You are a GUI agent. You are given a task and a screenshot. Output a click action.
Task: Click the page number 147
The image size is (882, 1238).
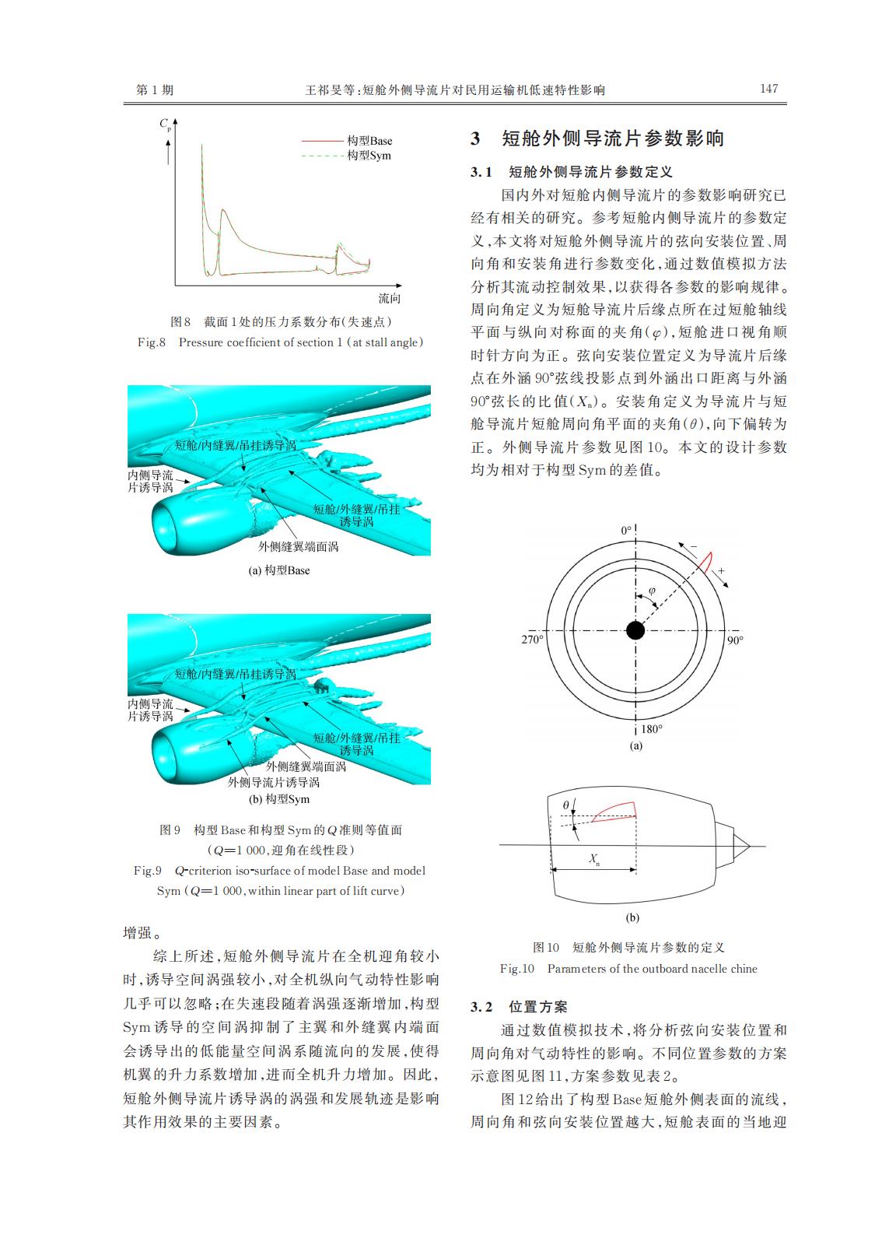pyautogui.click(x=768, y=89)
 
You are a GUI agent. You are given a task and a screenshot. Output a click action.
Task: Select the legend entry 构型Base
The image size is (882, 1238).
pyautogui.click(x=369, y=141)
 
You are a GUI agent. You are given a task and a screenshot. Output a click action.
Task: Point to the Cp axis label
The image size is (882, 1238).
pyautogui.click(x=165, y=124)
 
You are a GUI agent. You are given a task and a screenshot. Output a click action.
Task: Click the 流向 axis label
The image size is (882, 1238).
pyautogui.click(x=390, y=299)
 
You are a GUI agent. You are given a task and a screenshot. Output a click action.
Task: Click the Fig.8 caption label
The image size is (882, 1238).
pyautogui.click(x=152, y=342)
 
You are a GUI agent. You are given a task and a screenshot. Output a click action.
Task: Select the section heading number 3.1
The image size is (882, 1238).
pyautogui.click(x=482, y=171)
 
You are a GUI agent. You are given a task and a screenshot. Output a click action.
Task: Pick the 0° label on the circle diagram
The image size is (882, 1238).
pyautogui.click(x=628, y=530)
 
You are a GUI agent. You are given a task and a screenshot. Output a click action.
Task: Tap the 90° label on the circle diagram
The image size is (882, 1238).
pyautogui.click(x=735, y=640)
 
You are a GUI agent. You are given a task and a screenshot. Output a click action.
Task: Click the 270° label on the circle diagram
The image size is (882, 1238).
pyautogui.click(x=532, y=640)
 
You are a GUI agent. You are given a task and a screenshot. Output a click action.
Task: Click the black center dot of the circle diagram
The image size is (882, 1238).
pyautogui.click(x=635, y=630)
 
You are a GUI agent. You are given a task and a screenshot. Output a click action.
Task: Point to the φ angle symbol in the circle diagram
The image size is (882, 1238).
pyautogui.click(x=652, y=591)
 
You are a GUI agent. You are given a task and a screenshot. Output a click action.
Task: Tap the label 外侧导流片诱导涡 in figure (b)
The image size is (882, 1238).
pyautogui.click(x=273, y=782)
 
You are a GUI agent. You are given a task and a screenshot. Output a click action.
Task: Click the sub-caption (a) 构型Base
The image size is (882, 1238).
pyautogui.click(x=278, y=570)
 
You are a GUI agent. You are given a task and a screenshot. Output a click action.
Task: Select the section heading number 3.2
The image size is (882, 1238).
pyautogui.click(x=482, y=1007)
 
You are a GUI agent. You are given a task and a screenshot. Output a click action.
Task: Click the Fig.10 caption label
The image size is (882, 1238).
pyautogui.click(x=517, y=969)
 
